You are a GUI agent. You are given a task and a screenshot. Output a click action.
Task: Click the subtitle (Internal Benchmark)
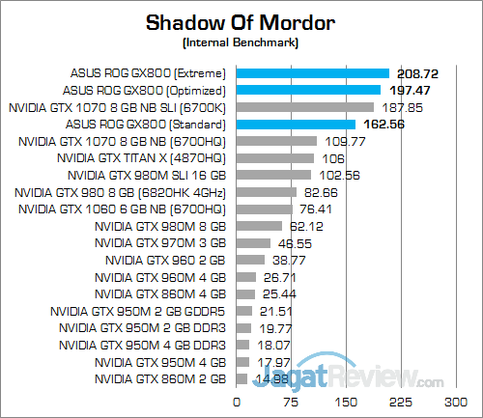coord(241,43)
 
